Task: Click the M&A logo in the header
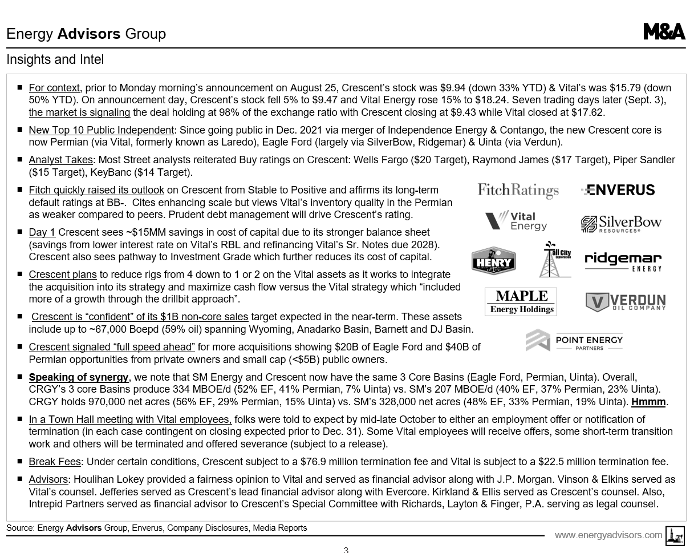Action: click(664, 32)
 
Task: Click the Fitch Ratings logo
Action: click(518, 190)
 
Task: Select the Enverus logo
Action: click(618, 190)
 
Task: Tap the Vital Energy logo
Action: click(516, 221)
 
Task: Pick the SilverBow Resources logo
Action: click(620, 224)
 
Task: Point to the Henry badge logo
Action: click(493, 261)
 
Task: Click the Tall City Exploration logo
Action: click(555, 259)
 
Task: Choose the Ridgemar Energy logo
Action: click(623, 261)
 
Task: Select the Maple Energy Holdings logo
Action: click(521, 301)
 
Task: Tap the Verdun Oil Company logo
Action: click(625, 302)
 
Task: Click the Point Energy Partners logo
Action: click(574, 341)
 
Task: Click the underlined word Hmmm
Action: click(648, 402)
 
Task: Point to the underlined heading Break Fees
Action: click(55, 462)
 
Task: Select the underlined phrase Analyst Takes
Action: click(60, 160)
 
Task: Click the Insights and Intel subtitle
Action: click(55, 59)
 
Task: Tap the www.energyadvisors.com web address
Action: click(608, 535)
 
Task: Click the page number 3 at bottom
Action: click(346, 550)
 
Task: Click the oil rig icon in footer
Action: click(675, 536)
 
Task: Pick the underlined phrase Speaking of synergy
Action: click(79, 377)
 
